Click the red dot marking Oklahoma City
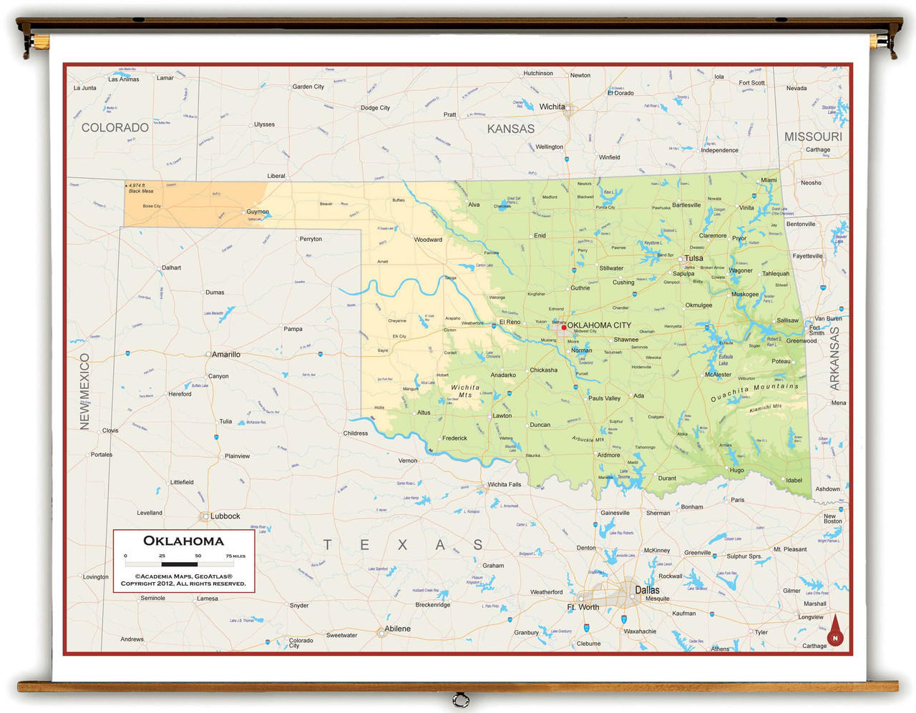click(x=564, y=327)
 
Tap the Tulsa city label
click(x=693, y=258)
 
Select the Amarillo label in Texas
click(x=225, y=355)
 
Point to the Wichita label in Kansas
click(x=552, y=107)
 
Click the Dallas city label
click(x=647, y=590)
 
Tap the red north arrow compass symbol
click(x=834, y=631)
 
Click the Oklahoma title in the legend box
click(x=184, y=541)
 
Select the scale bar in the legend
click(x=180, y=564)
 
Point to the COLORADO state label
click(x=115, y=128)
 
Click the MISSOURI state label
click(x=813, y=137)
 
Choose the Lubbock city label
click(x=225, y=516)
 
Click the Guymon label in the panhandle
click(x=258, y=212)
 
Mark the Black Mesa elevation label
click(x=140, y=188)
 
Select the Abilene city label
click(x=397, y=629)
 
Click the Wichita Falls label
click(x=504, y=485)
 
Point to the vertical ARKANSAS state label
click(x=834, y=358)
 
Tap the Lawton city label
click(x=502, y=415)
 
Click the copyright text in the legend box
click(x=183, y=580)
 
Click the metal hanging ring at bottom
click(x=461, y=699)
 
